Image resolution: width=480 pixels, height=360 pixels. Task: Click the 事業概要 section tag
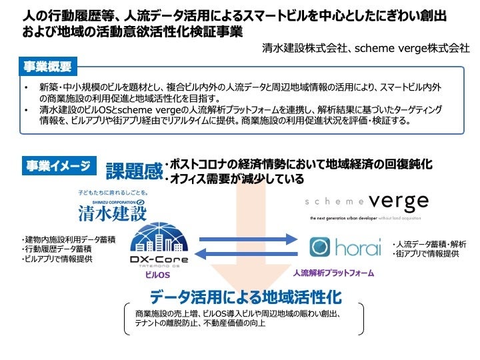tap(47, 67)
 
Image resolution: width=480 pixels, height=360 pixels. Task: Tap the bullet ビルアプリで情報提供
tap(57, 258)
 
